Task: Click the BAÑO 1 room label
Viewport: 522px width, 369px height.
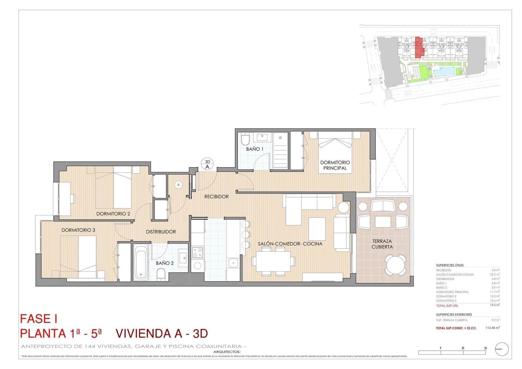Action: [x=254, y=149]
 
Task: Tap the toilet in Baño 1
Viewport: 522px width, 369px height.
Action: [x=245, y=139]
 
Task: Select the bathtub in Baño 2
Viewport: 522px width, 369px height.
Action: [x=141, y=263]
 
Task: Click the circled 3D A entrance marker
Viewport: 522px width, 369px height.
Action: [x=207, y=164]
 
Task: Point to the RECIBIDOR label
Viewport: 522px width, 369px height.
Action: [x=216, y=197]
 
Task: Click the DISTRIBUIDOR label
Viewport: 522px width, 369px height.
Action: [x=161, y=232]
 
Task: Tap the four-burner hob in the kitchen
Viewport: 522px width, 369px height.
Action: [x=197, y=252]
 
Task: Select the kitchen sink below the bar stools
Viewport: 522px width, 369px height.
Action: [x=233, y=263]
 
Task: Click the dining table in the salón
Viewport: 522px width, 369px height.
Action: [x=273, y=261]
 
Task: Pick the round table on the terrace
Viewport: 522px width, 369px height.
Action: [x=395, y=265]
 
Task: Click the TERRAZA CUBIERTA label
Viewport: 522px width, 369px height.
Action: [x=382, y=244]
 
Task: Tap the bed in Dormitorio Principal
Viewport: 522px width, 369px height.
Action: [x=335, y=153]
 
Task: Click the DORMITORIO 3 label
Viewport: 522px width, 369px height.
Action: [x=78, y=230]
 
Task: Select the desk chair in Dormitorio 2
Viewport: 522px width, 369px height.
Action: [x=72, y=199]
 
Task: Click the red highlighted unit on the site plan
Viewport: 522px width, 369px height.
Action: [x=419, y=48]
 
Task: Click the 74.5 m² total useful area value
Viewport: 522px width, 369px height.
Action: [x=495, y=305]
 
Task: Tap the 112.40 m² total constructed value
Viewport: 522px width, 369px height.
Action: [x=492, y=328]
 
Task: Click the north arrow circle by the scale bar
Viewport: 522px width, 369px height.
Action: [x=501, y=349]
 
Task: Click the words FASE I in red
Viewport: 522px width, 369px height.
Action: [x=38, y=319]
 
